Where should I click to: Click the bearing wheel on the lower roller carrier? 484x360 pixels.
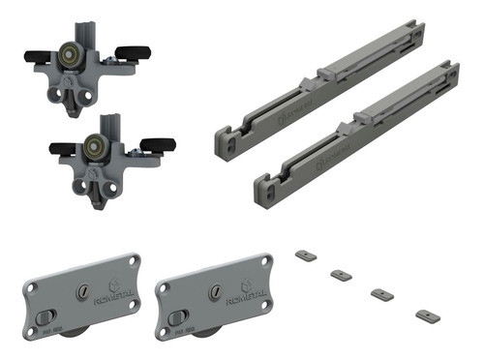click(x=98, y=146)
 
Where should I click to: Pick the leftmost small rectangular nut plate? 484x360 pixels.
click(x=304, y=255)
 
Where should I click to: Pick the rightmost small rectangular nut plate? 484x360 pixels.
click(x=422, y=315)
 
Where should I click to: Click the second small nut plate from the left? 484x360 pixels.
click(x=340, y=275)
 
